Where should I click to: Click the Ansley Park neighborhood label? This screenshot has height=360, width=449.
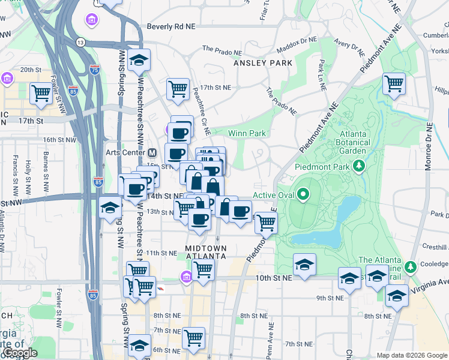click(264, 63)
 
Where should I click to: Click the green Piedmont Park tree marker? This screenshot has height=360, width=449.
click(360, 165)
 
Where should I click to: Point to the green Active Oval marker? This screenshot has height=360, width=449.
click(303, 194)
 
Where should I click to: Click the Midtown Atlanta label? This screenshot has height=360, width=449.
click(205, 252)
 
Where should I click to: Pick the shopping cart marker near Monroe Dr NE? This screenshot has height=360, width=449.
click(394, 83)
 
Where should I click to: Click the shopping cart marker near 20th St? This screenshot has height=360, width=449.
click(41, 93)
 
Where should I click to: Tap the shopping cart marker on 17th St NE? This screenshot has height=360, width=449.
click(178, 89)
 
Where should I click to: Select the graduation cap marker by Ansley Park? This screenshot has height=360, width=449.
click(139, 60)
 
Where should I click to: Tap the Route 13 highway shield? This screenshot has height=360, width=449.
click(80, 41)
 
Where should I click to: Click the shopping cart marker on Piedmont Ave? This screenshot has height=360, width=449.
click(266, 223)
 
